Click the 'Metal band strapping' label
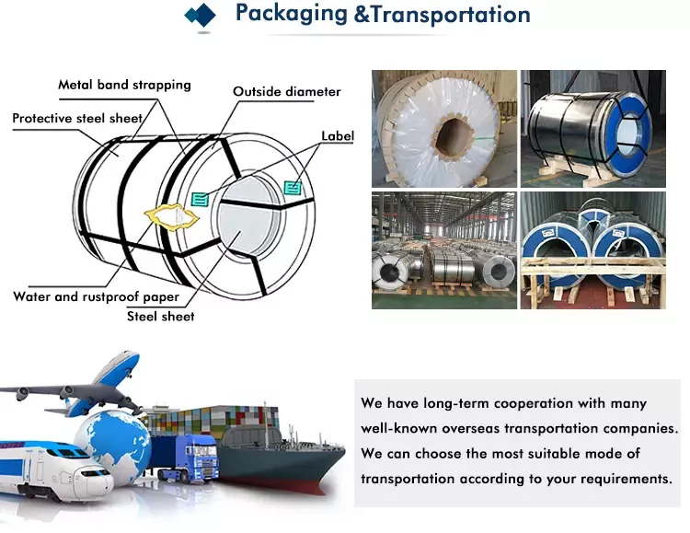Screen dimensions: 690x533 click(x=124, y=85)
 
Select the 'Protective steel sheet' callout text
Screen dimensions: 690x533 click(x=77, y=118)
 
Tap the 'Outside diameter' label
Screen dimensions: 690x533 click(x=286, y=92)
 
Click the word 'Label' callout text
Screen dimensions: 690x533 click(x=338, y=135)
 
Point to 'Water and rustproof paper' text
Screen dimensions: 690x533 click(x=96, y=297)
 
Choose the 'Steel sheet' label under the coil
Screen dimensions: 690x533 click(x=161, y=317)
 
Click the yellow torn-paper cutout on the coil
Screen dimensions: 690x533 click(x=171, y=216)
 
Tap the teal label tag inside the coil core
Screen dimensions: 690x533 click(x=200, y=199)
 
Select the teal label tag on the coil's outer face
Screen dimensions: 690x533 click(x=293, y=188)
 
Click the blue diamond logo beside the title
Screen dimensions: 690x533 click(x=201, y=16)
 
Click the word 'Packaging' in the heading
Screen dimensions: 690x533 click(x=292, y=13)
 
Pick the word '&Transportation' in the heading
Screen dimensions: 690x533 click(x=442, y=14)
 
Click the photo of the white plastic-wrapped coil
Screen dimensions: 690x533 click(x=444, y=129)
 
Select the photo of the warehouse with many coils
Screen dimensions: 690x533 click(x=444, y=250)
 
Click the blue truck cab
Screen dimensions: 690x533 click(x=201, y=458)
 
